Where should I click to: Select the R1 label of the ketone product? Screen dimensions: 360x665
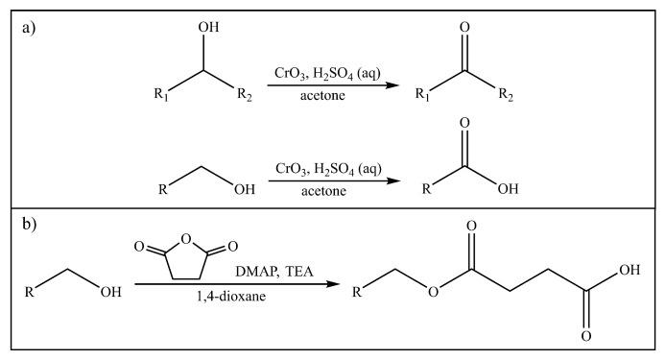419,94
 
